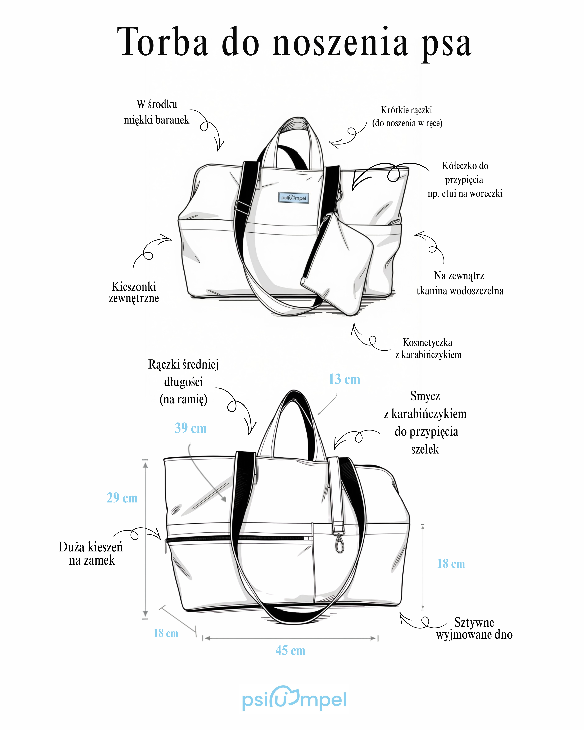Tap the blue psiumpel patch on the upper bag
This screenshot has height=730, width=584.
[293, 198]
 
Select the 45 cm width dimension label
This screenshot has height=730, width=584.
[290, 650]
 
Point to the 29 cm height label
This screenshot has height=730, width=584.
[122, 498]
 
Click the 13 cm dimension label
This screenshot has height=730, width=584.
[344, 379]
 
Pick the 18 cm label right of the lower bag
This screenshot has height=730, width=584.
[451, 564]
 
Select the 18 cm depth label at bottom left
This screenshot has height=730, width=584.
[166, 633]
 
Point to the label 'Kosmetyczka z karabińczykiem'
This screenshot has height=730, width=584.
[428, 348]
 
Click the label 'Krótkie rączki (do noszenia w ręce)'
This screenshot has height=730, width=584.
[407, 116]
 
